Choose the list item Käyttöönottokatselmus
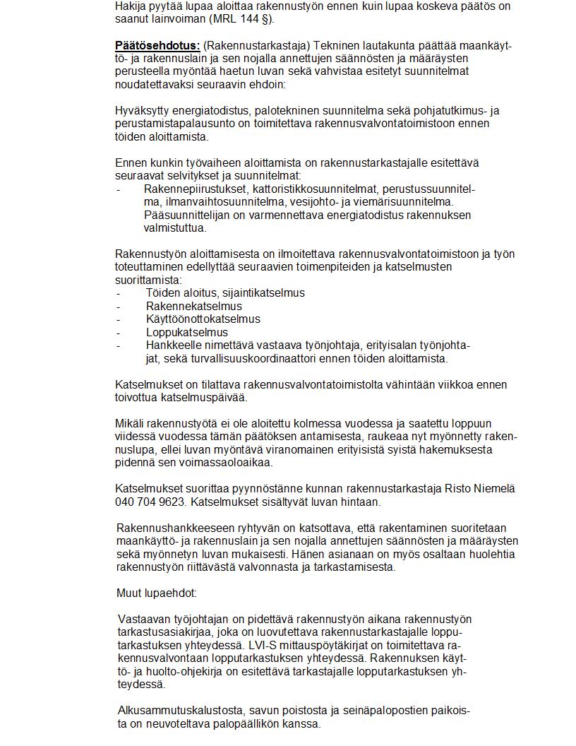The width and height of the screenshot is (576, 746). click(x=203, y=319)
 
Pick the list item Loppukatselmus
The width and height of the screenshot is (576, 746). click(x=186, y=332)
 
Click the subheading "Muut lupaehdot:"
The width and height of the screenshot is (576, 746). click(x=157, y=593)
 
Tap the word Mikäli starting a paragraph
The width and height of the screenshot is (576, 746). click(x=130, y=423)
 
